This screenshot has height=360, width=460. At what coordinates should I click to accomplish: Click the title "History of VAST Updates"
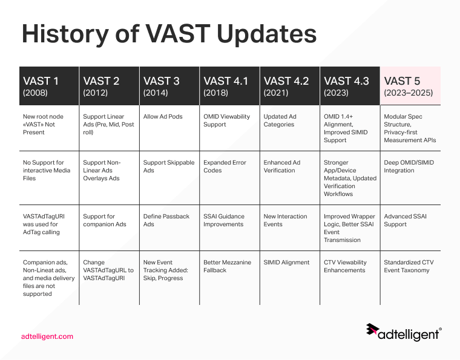pyautogui.click(x=169, y=34)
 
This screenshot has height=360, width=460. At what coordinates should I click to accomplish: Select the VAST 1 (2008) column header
pyautogui.click(x=48, y=87)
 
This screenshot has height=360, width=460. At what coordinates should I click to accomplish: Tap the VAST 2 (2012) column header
pyautogui.click(x=109, y=87)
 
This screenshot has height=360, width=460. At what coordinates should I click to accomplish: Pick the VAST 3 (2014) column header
pyautogui.click(x=169, y=87)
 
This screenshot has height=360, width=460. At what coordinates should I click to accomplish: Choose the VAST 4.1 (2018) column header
pyautogui.click(x=229, y=87)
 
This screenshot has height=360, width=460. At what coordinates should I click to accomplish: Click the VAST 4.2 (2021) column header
pyautogui.click(x=289, y=87)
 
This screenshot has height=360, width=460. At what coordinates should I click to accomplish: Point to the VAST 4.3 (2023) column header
pyautogui.click(x=349, y=87)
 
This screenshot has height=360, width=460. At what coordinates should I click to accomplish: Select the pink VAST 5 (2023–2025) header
pyautogui.click(x=410, y=87)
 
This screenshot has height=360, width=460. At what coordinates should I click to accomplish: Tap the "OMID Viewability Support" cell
pyautogui.click(x=226, y=120)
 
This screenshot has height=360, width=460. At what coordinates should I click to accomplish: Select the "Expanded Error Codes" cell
pyautogui.click(x=225, y=166)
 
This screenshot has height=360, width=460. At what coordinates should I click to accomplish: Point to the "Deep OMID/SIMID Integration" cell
pyautogui.click(x=409, y=166)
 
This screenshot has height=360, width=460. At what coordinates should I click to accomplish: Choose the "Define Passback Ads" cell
pyautogui.click(x=166, y=220)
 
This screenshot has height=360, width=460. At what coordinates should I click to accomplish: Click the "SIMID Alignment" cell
pyautogui.click(x=286, y=263)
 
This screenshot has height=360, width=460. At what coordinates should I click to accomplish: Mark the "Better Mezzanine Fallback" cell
pyautogui.click(x=227, y=266)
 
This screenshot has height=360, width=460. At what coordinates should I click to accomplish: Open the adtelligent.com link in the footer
pyautogui.click(x=47, y=336)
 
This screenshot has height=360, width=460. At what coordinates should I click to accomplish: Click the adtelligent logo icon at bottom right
pyautogui.click(x=372, y=330)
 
